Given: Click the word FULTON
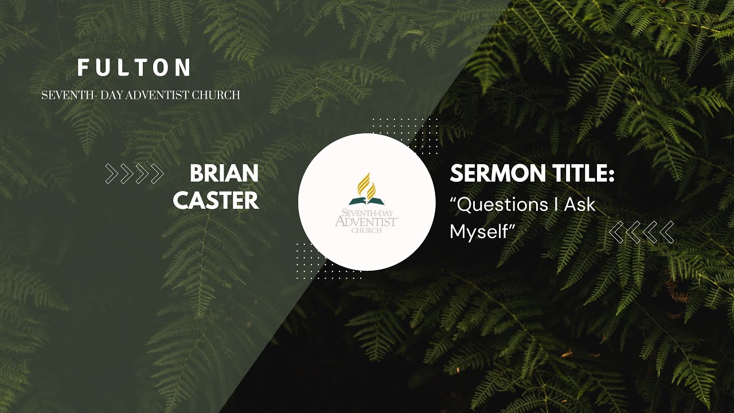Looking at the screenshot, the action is pos(134,68).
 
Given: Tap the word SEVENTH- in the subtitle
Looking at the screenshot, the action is pos(63,95).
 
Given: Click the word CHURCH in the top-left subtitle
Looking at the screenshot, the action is pos(220,95).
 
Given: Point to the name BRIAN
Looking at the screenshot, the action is pos(224,173).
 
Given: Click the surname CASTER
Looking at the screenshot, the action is pos(216,201).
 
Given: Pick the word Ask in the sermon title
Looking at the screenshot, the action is pos(580,205).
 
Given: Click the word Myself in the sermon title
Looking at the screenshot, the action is pos(479,232).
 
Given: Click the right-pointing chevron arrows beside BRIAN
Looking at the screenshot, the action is pos(135,173).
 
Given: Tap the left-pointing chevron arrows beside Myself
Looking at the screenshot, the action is pos(641,232).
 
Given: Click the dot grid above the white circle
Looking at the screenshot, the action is pos(405,129).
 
